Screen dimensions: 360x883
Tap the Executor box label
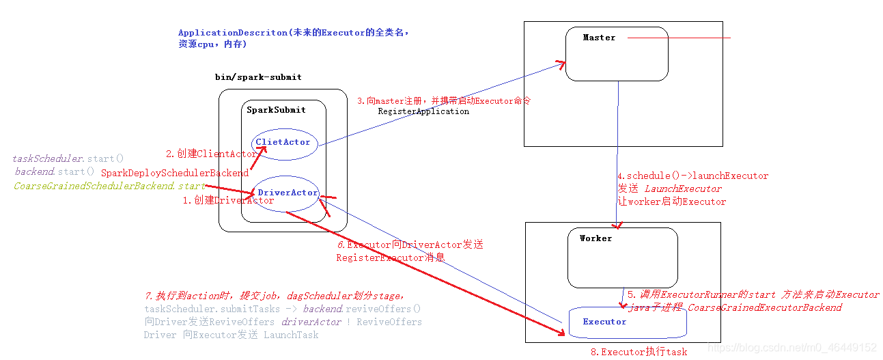604,322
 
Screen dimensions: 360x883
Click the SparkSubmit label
276,110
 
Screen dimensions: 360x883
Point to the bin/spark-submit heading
258,77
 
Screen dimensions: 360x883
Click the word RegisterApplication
423,111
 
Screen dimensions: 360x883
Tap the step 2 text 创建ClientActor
212,154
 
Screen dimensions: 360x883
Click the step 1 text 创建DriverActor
228,201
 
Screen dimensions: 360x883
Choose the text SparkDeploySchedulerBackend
175,174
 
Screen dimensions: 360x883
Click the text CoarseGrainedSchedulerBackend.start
109,186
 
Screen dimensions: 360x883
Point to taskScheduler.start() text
68,159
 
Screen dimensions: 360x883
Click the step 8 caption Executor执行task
639,352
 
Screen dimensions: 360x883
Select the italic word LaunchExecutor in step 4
683,189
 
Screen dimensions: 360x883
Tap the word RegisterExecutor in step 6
380,258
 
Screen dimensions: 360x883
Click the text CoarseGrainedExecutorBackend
765,307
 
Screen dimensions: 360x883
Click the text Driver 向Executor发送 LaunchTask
231,335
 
